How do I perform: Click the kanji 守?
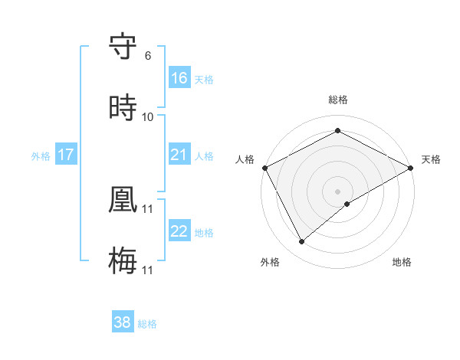123,47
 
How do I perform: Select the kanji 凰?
123,200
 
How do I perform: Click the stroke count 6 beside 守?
147,56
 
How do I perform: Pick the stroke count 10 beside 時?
148,117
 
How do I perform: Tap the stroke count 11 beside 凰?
148,208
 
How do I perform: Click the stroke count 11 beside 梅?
148,270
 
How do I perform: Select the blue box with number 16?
179,78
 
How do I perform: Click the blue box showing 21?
179,155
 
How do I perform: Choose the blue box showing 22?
179,232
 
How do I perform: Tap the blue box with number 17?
66,155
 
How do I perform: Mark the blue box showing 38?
123,323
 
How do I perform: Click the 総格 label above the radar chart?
338,100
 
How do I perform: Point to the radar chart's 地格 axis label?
402,262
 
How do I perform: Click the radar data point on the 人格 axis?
264,168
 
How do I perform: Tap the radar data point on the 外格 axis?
302,241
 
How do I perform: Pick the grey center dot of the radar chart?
338,191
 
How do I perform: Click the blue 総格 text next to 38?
147,324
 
